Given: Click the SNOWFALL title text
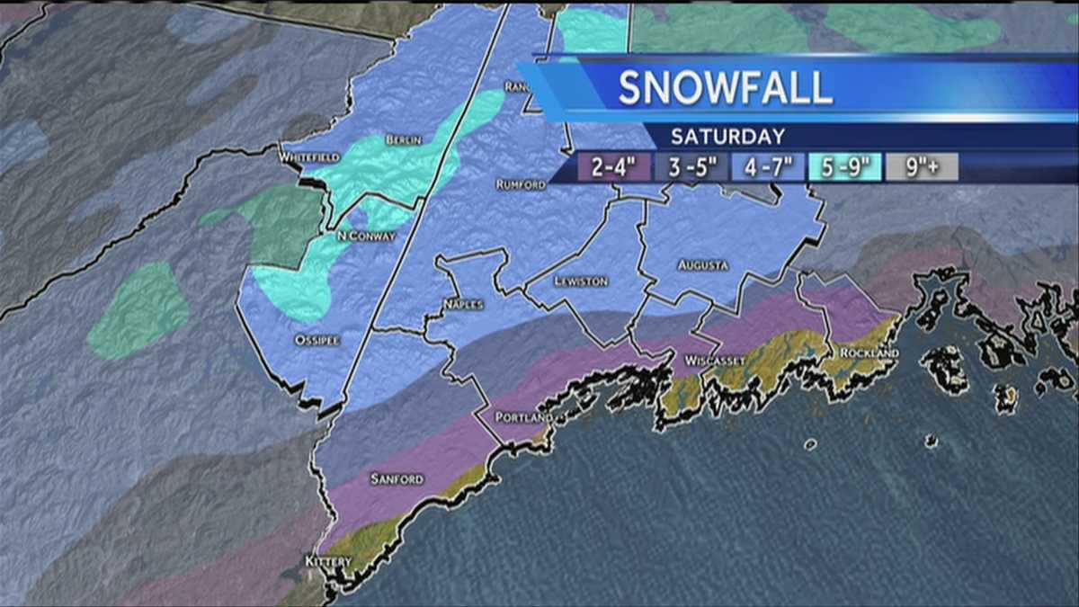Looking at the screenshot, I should [725, 87].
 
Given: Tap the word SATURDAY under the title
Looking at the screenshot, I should [727, 137].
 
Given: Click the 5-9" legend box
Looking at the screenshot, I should [844, 167].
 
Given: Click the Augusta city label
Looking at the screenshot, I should [703, 265].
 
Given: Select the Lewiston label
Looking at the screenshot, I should [581, 281].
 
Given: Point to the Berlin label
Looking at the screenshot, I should [403, 140].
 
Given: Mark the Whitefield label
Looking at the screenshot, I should [308, 157].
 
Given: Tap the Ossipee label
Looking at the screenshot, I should [316, 340].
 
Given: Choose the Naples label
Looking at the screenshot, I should [463, 305].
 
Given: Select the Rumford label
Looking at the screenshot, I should [521, 184].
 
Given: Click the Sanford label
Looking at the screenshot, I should [397, 479].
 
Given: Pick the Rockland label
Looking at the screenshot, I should [869, 353].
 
